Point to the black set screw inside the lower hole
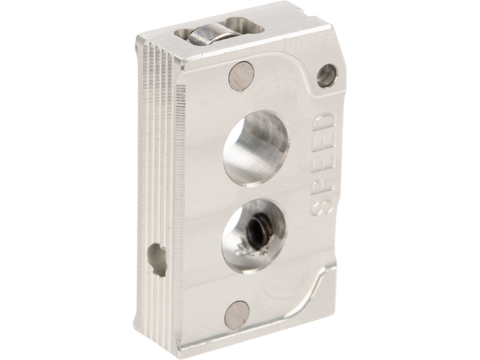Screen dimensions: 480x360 click(x=262, y=227)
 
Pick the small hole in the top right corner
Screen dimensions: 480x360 click(x=326, y=76)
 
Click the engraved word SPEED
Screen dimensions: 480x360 click(x=322, y=164)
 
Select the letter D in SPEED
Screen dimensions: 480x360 click(x=325, y=122)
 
